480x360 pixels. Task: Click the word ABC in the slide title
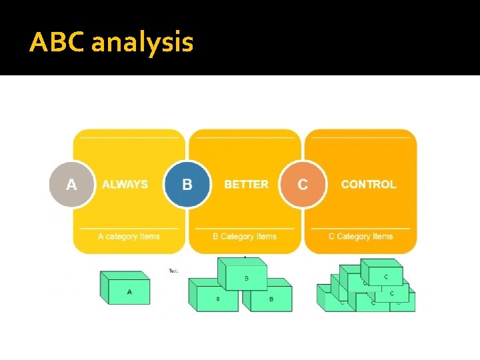[x=58, y=43]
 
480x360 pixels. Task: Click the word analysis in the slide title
[x=142, y=43]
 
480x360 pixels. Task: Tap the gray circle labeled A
[x=71, y=184]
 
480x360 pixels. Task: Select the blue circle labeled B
[x=187, y=184]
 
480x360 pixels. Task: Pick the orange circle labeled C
[x=303, y=184]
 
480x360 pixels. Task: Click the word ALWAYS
[x=125, y=184]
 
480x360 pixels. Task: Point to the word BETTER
[x=246, y=184]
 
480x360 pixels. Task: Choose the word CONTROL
[x=368, y=184]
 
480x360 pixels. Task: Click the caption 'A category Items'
[x=128, y=236]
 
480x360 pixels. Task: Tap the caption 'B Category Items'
[x=244, y=236]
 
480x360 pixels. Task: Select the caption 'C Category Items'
[x=361, y=236]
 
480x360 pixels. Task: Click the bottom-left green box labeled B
[x=215, y=298]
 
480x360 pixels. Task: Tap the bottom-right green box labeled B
[x=269, y=298]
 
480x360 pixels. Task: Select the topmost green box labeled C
[x=385, y=275]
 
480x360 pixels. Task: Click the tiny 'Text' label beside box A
[x=173, y=271]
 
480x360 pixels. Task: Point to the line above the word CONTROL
[x=361, y=138]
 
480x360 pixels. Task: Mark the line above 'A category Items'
[x=129, y=228]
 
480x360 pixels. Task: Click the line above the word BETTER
[x=245, y=138]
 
